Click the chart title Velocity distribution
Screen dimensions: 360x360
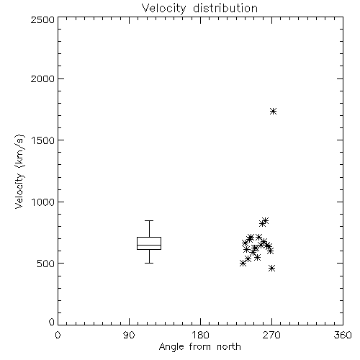[199, 8]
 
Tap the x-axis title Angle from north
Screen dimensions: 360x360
[199, 347]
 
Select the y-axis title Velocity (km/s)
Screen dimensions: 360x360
[20, 171]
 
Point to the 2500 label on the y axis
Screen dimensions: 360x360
[42, 19]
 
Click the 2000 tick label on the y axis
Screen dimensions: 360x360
[42, 78]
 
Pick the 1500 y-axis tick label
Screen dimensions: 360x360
[43, 140]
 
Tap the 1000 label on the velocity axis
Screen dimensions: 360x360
[43, 202]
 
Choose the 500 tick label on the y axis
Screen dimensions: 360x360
[46, 264]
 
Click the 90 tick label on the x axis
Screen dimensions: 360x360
[129, 335]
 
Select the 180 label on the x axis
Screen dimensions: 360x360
[200, 335]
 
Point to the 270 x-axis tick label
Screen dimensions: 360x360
[271, 335]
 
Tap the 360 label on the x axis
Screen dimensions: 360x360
[343, 335]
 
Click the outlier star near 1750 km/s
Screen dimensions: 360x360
[273, 111]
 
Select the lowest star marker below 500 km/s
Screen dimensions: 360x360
[271, 268]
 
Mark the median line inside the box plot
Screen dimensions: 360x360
[149, 245]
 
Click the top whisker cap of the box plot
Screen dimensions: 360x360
[149, 220]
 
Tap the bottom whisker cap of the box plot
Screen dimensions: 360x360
[149, 263]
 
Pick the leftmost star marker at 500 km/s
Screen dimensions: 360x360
[243, 264]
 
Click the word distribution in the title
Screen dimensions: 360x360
[225, 8]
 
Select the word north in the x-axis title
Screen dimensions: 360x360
[229, 346]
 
